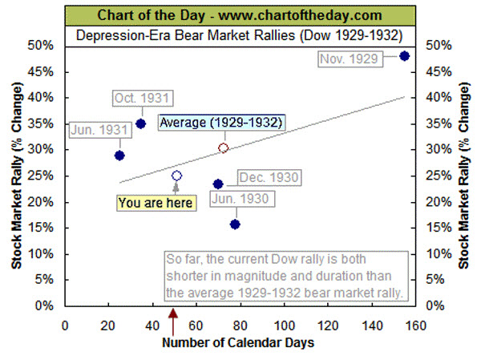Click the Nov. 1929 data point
point(405,56)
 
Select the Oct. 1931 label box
point(141,98)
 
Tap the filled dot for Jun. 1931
point(119,156)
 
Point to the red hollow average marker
point(224,148)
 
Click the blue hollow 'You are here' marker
point(176,176)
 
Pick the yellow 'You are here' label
point(156,204)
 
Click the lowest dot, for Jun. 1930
point(235,224)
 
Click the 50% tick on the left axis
point(43,46)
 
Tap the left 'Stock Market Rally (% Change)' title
point(16,176)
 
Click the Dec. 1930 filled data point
point(218,184)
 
